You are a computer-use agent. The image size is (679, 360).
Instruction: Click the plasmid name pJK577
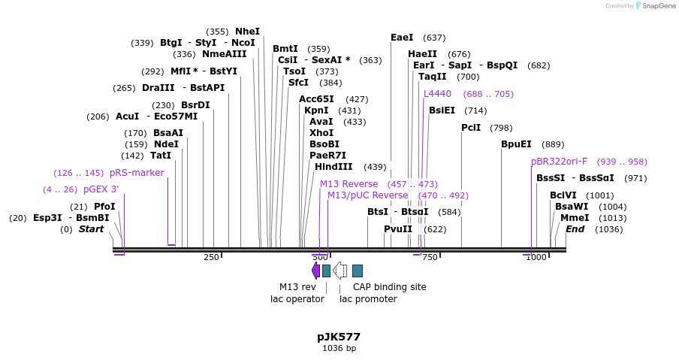tap(339, 337)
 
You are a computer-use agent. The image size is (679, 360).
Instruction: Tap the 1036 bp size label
tap(339, 349)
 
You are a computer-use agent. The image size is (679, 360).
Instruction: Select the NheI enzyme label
tap(247, 32)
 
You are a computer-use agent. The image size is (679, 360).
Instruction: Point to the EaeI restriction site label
tap(402, 38)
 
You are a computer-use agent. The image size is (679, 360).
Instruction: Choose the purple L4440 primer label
tap(437, 94)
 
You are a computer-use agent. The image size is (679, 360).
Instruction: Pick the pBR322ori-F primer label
tap(559, 162)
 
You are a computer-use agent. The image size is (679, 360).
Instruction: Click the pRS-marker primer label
tap(136, 173)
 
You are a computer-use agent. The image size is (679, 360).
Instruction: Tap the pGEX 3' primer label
tap(101, 189)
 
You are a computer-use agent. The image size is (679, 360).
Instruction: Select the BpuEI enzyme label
tap(516, 144)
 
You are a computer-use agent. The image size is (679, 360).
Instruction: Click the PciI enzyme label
tap(471, 128)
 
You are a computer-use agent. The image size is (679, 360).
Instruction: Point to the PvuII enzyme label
tap(398, 229)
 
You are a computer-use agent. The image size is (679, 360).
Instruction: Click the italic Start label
tap(91, 229)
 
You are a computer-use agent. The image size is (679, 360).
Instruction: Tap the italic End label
tap(575, 229)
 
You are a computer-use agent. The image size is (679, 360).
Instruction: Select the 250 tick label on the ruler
tap(211, 258)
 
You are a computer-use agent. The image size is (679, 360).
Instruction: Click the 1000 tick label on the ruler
tap(536, 258)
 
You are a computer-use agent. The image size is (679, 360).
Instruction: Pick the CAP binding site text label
tap(389, 287)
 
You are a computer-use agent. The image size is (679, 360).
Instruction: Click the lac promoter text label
tap(368, 299)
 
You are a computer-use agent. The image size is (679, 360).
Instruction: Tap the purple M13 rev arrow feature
tap(315, 271)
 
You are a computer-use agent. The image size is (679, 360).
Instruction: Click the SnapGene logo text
tap(658, 6)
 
